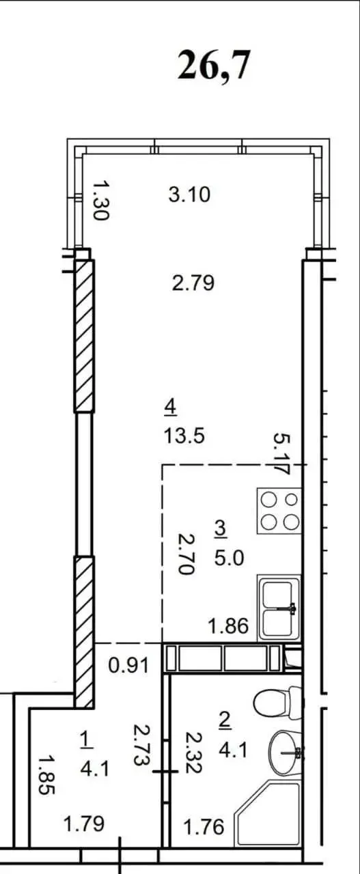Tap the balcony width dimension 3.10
pos(189,195)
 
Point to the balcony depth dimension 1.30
pos(101,200)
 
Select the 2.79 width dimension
pos(193,283)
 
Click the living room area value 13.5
pos(184,436)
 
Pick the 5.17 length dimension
pos(281,453)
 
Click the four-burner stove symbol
pos(279,511)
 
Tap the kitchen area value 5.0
pos(229,559)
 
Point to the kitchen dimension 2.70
pos(186,554)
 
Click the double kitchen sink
pos(279,607)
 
